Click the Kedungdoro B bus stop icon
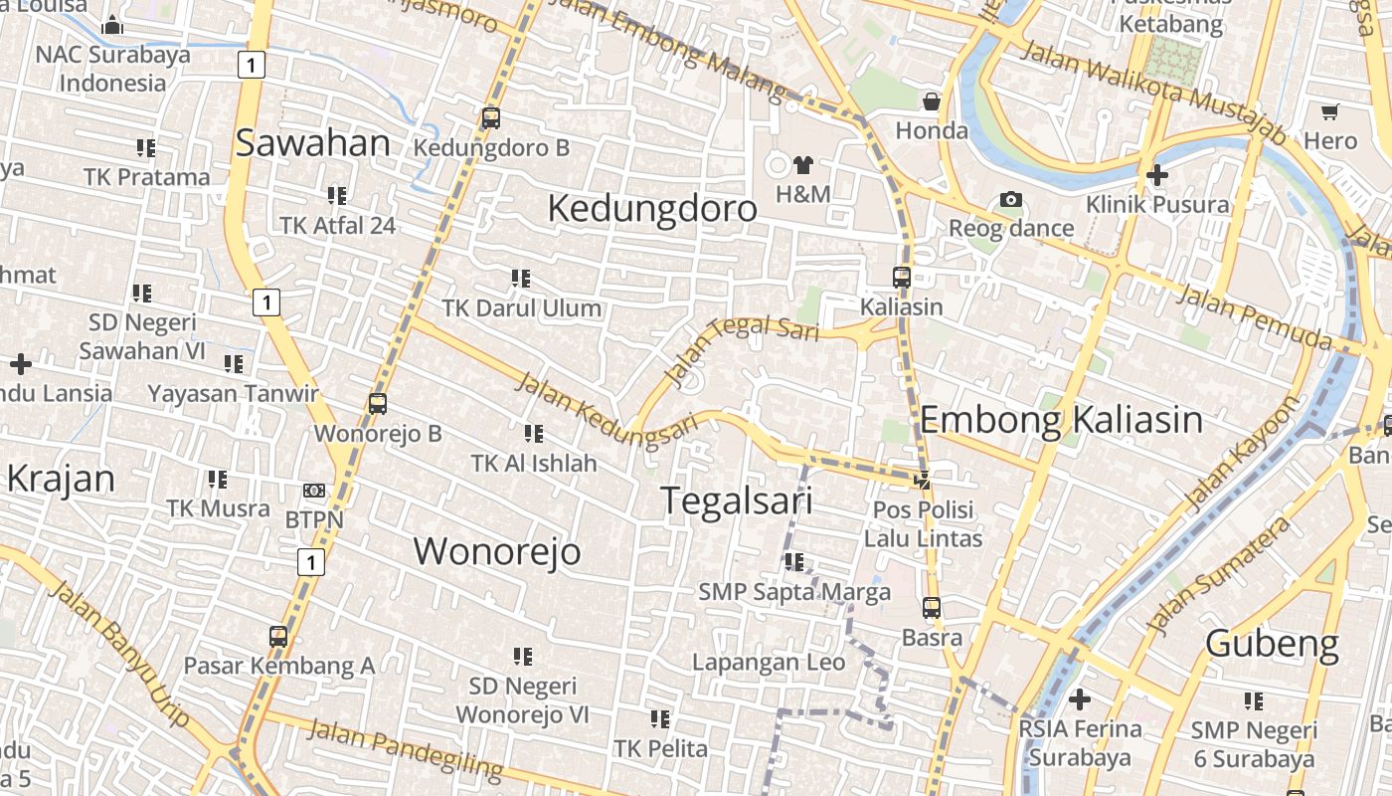490,118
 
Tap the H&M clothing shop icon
802,164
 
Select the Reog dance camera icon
1011,200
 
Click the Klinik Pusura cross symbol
1156,176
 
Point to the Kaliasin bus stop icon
901,278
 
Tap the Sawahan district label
312,143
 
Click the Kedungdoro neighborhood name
652,209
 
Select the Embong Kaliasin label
1061,420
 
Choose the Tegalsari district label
736,500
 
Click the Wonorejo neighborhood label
497,551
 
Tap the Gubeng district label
1272,644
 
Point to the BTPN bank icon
314,491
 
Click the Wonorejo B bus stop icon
377,404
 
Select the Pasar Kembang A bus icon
278,637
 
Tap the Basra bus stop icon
931,607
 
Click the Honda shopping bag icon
931,101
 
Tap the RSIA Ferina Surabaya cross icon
1079,699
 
